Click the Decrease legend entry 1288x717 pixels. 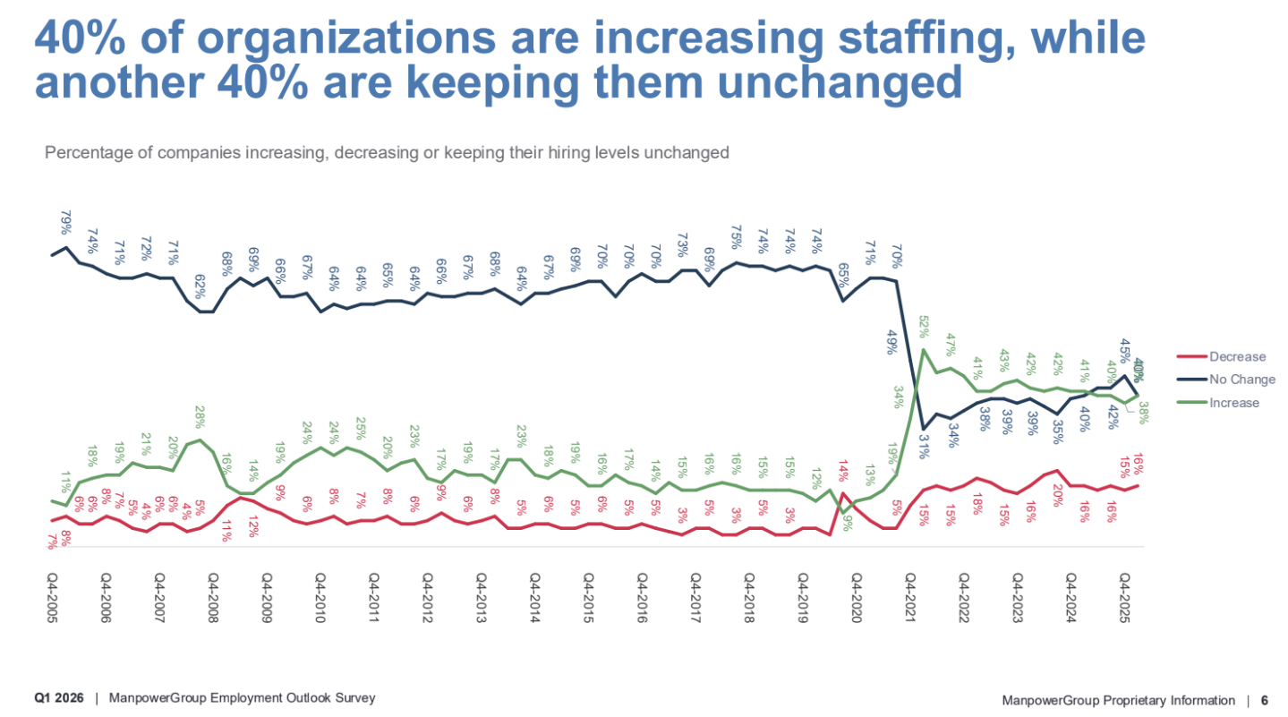1237,356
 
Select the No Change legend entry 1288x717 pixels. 1241,380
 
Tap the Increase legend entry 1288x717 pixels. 1233,403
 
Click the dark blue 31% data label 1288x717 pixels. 924,445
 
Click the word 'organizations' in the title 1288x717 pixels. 345,40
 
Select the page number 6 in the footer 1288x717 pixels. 1264,700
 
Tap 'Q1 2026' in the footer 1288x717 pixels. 59,698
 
